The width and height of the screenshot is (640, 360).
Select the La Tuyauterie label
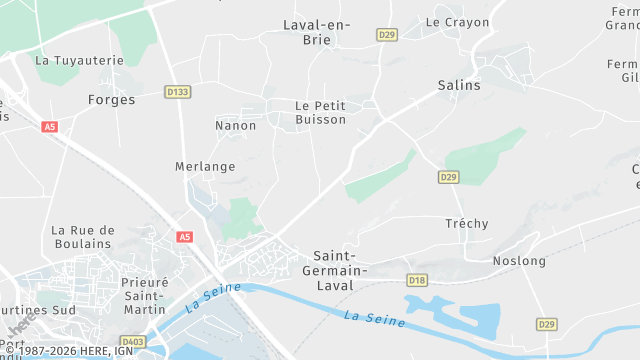79,60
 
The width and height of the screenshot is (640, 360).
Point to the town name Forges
111,100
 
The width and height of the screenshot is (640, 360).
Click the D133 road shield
178,92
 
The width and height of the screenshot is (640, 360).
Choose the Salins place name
459,86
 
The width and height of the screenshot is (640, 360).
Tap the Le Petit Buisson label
320,112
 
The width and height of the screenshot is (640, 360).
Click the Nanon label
236,126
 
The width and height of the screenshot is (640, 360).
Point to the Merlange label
205,167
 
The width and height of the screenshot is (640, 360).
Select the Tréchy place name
467,224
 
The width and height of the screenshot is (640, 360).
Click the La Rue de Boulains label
83,237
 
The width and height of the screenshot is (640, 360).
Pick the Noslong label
519,261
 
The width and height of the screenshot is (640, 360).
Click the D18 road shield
417,280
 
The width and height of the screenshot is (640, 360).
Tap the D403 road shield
133,342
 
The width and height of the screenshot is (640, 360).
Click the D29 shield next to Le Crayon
387,35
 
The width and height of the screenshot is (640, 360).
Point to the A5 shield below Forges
50,127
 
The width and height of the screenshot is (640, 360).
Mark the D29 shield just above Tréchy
448,177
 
